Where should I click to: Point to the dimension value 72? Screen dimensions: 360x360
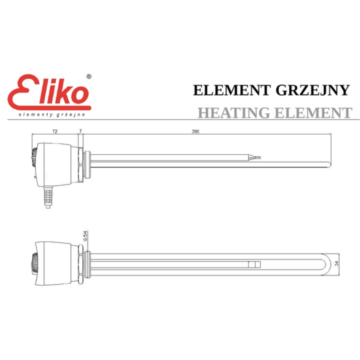coord(55,131)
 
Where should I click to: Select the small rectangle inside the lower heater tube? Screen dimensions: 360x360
coord(254,264)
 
